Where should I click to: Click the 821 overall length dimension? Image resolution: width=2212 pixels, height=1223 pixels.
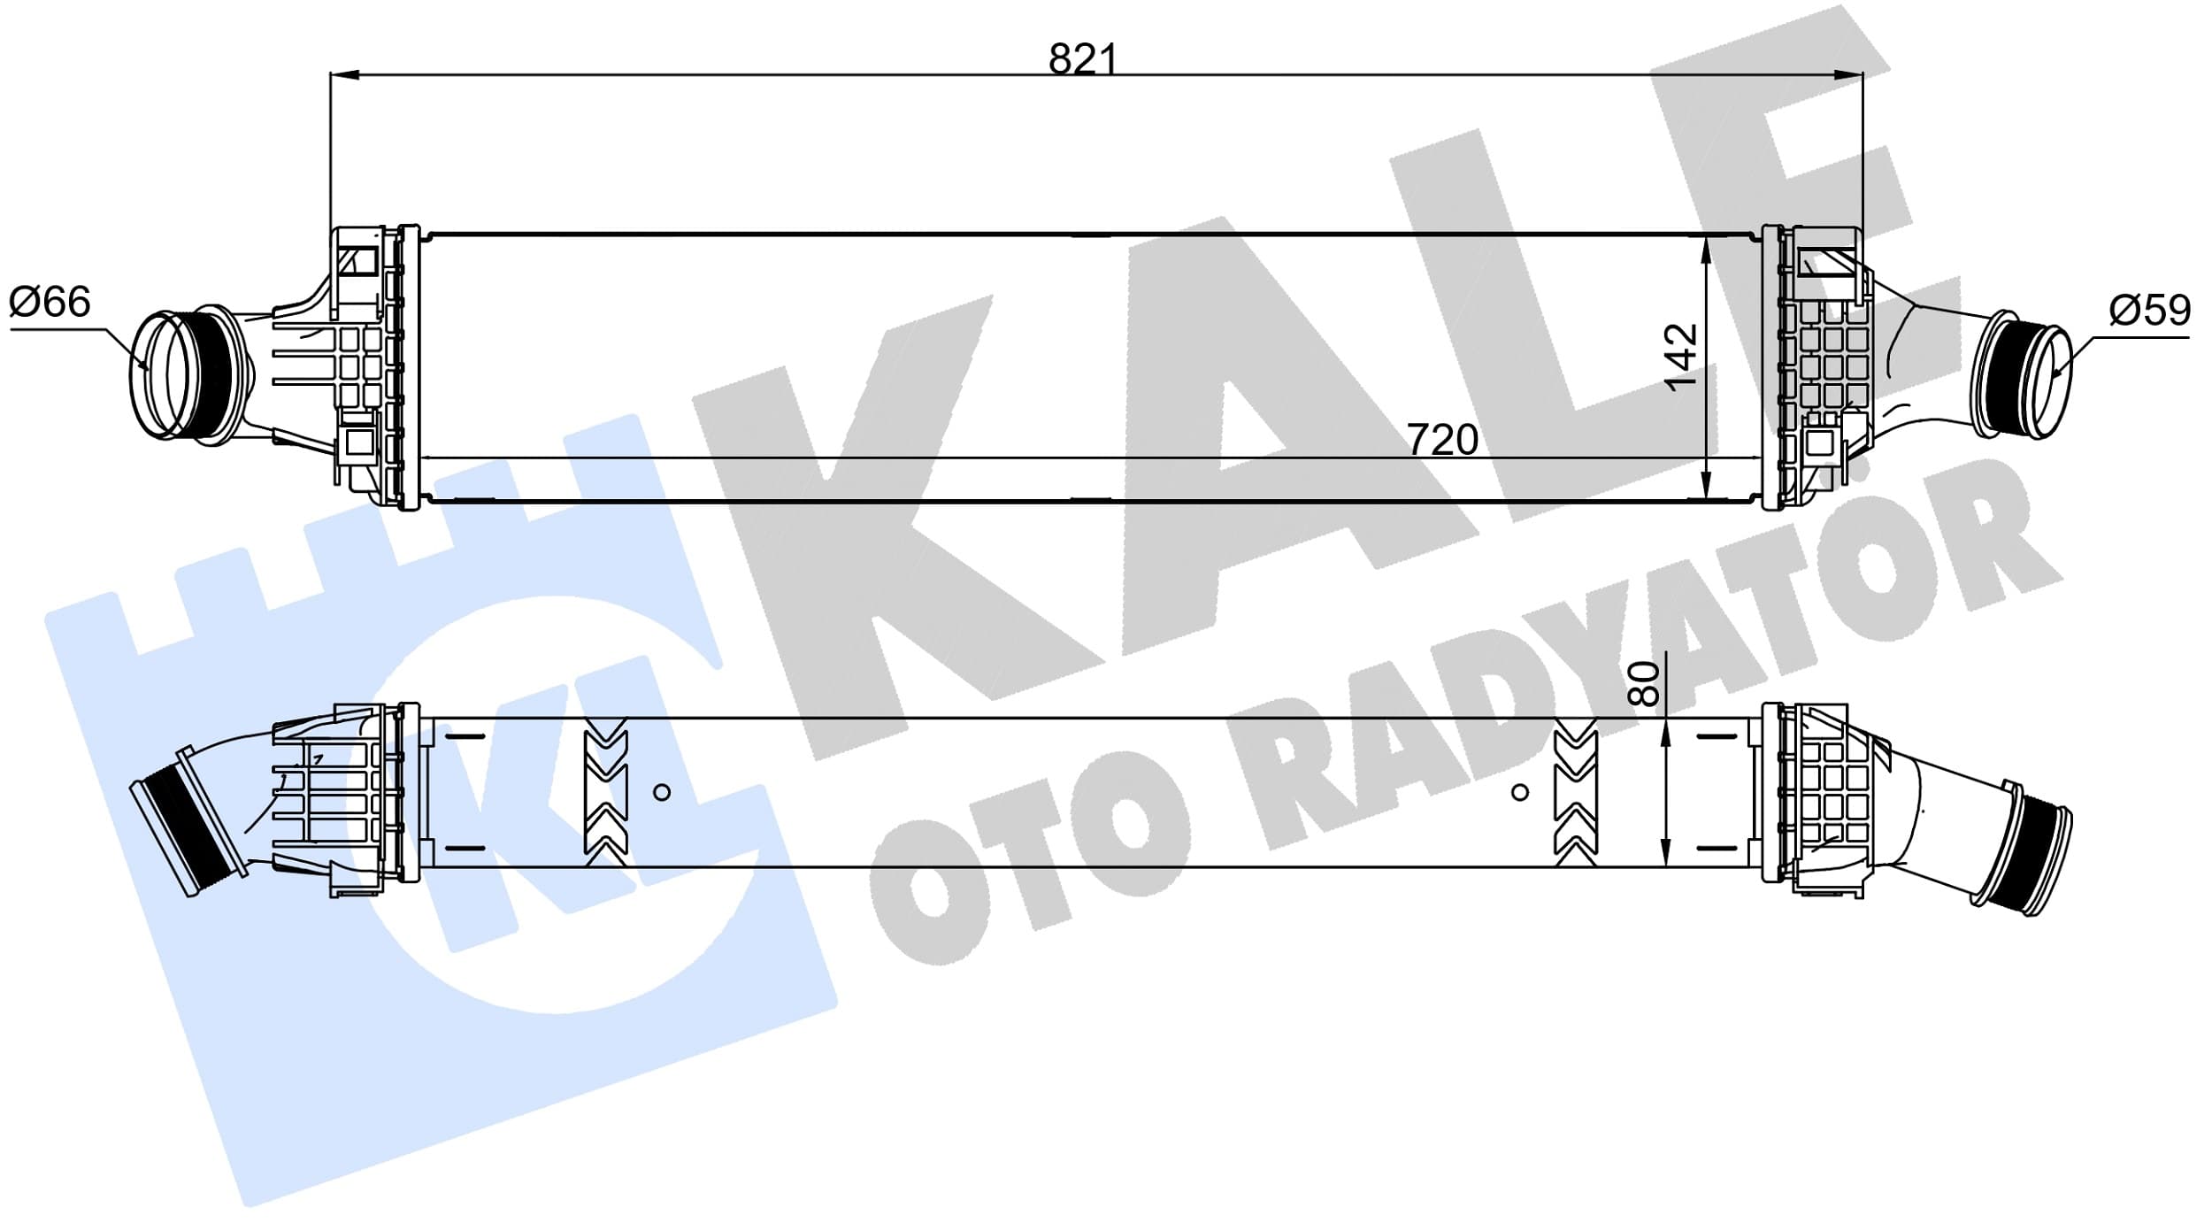pyautogui.click(x=1083, y=59)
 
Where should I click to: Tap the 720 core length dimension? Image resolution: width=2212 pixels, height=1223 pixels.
pyautogui.click(x=1442, y=440)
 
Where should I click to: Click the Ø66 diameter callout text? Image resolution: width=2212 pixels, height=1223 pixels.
pyautogui.click(x=50, y=302)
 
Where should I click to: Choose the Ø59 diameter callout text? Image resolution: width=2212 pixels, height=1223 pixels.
pyautogui.click(x=2150, y=310)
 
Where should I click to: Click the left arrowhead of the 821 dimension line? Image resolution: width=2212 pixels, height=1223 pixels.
pyautogui.click(x=344, y=75)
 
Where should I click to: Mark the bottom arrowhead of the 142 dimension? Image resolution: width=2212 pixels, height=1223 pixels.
pyautogui.click(x=1706, y=484)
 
